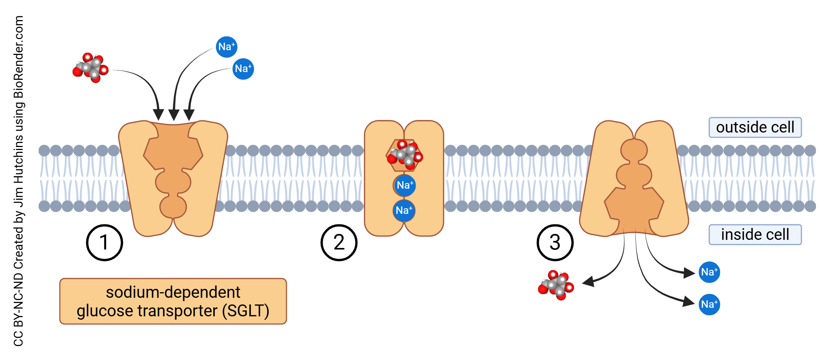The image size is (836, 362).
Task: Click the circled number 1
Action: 104,242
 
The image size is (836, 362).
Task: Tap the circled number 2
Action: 339,242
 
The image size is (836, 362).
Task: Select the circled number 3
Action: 555,242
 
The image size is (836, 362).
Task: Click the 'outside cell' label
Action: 755,127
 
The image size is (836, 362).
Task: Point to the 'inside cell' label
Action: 755,235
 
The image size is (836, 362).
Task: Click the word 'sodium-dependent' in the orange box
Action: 173,292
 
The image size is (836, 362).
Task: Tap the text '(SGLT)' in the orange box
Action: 246,311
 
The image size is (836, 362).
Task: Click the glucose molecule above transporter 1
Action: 90,68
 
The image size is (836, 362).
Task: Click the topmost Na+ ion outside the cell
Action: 226,47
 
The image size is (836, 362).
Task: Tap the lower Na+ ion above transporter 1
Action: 243,69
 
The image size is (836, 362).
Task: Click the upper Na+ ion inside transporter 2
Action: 404,185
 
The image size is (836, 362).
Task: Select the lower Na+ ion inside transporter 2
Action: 404,211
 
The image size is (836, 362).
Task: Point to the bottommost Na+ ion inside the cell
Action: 709,304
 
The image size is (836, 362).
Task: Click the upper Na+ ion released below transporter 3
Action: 709,272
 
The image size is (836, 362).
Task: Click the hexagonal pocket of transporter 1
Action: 173,152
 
